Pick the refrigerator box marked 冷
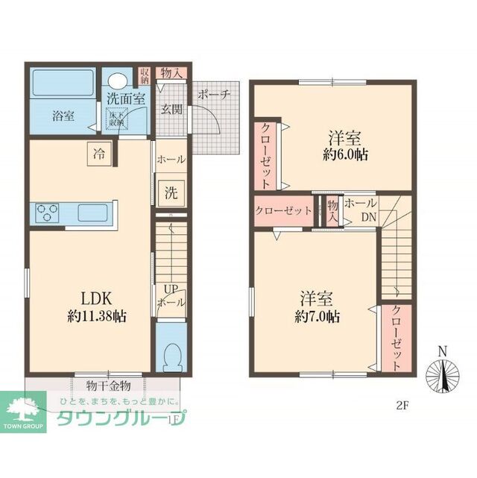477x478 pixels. [98, 154]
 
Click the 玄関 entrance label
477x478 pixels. [171, 110]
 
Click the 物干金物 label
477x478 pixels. [108, 386]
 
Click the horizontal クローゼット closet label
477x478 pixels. [283, 210]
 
